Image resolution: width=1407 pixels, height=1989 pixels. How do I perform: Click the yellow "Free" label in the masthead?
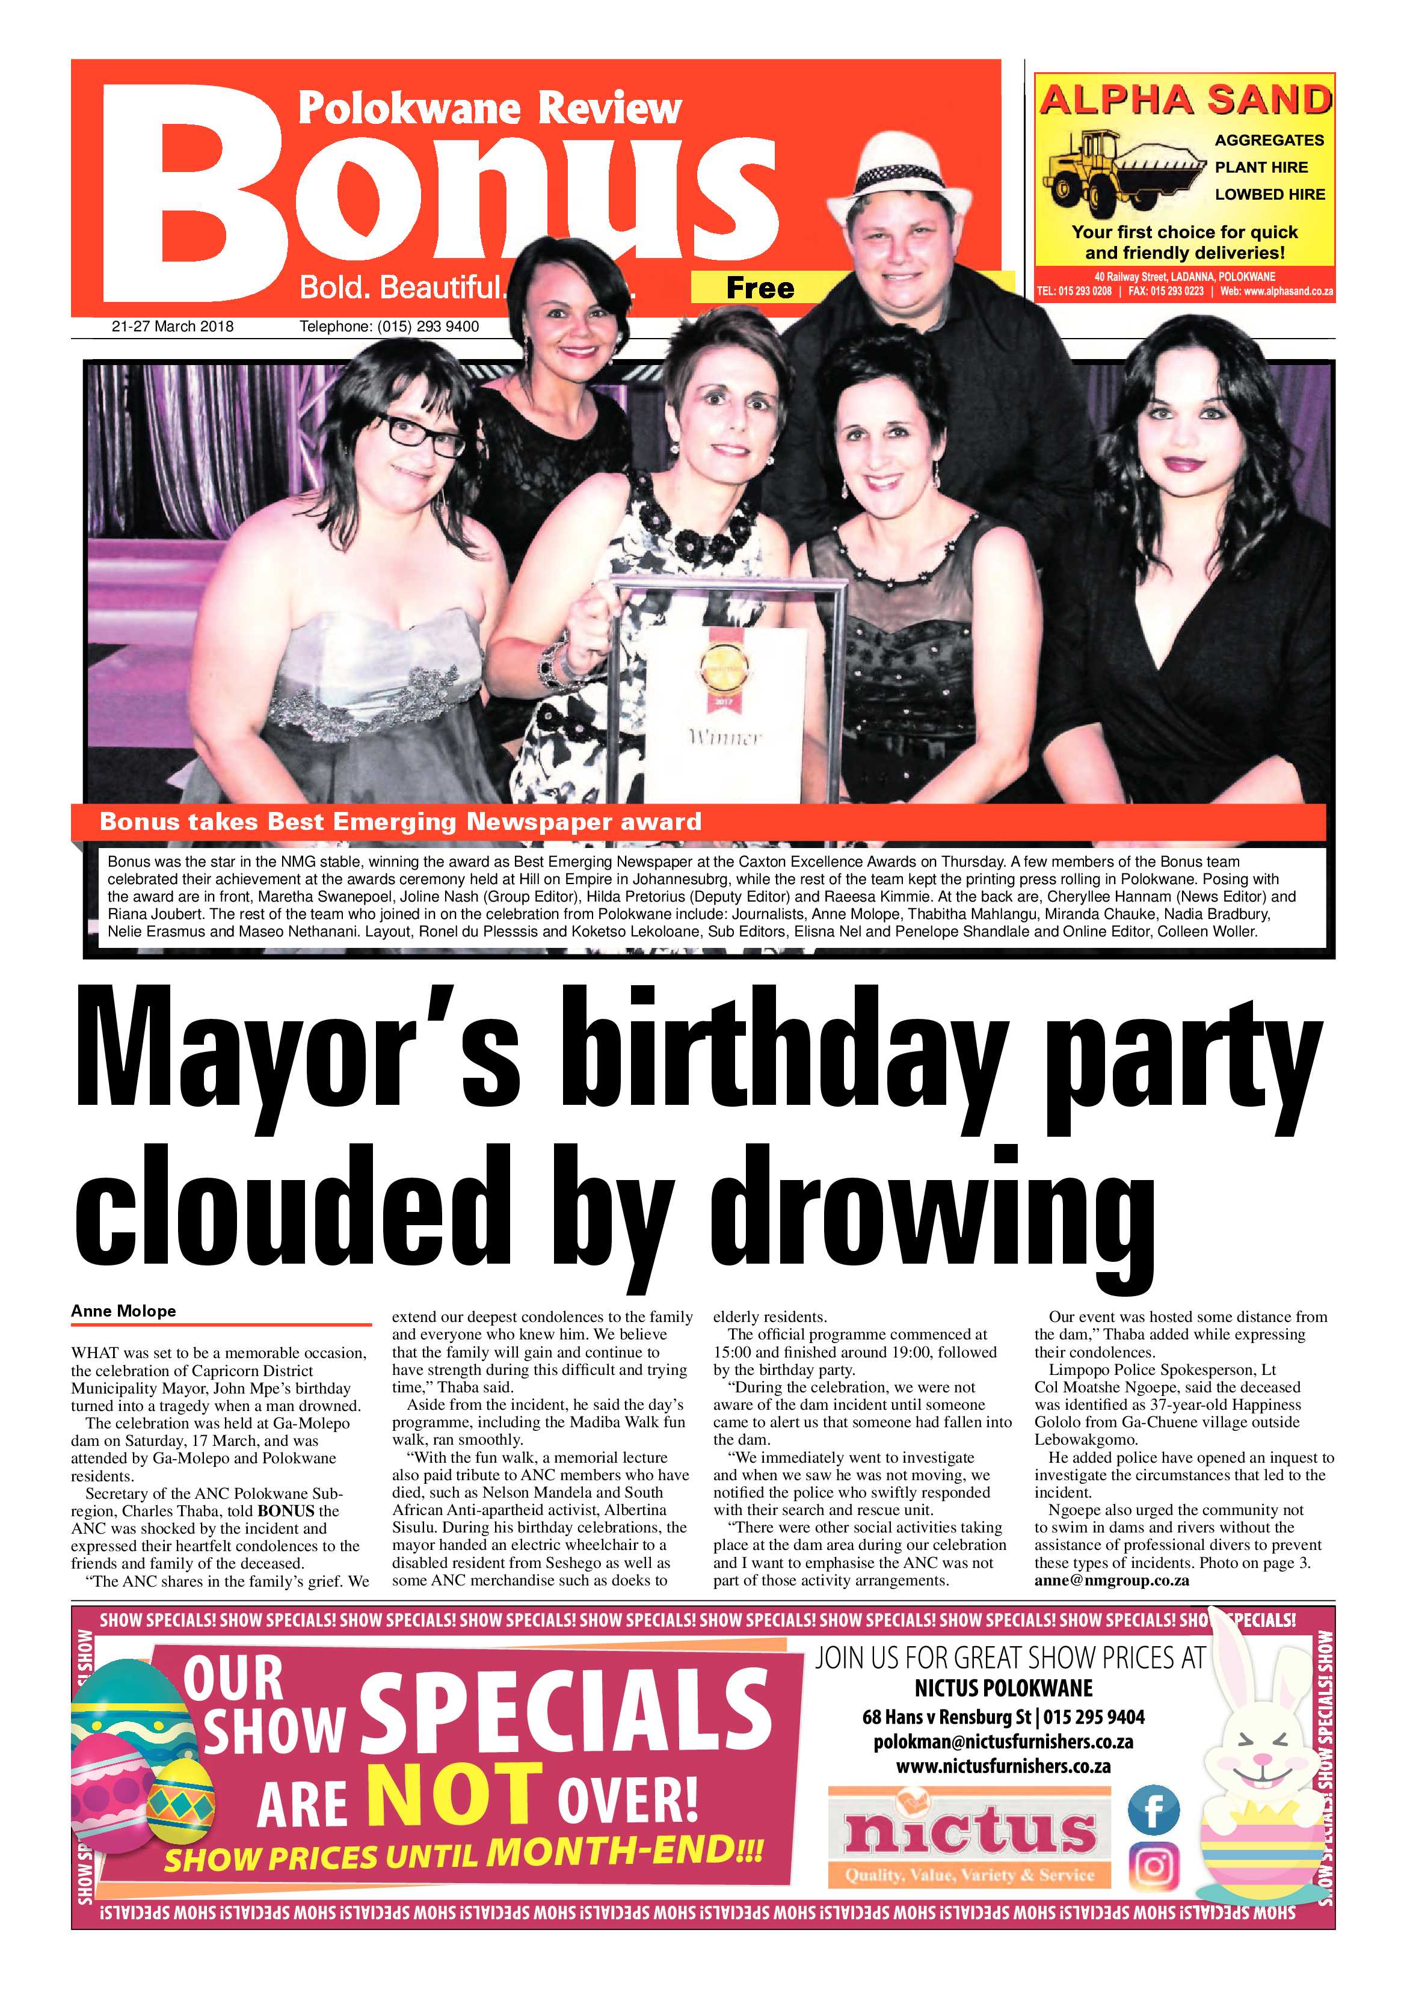(759, 287)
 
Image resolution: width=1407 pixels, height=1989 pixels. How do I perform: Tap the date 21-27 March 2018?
(173, 327)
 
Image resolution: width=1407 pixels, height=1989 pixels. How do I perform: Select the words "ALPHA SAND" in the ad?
(1184, 100)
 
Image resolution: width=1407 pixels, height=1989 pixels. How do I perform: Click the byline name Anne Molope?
(123, 1311)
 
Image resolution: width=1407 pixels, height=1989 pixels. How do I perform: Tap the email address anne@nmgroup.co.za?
(1112, 1580)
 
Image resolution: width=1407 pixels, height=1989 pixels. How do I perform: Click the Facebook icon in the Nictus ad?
(1153, 1810)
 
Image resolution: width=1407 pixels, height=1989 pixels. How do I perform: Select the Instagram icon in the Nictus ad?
(1153, 1865)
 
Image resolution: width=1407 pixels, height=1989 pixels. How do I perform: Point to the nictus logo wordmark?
(970, 1832)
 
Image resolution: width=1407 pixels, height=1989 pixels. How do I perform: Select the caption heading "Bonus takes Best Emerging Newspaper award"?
(400, 821)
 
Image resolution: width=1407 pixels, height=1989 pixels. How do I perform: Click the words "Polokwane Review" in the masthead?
(490, 108)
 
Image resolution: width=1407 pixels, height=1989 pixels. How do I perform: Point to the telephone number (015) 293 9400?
(389, 327)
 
